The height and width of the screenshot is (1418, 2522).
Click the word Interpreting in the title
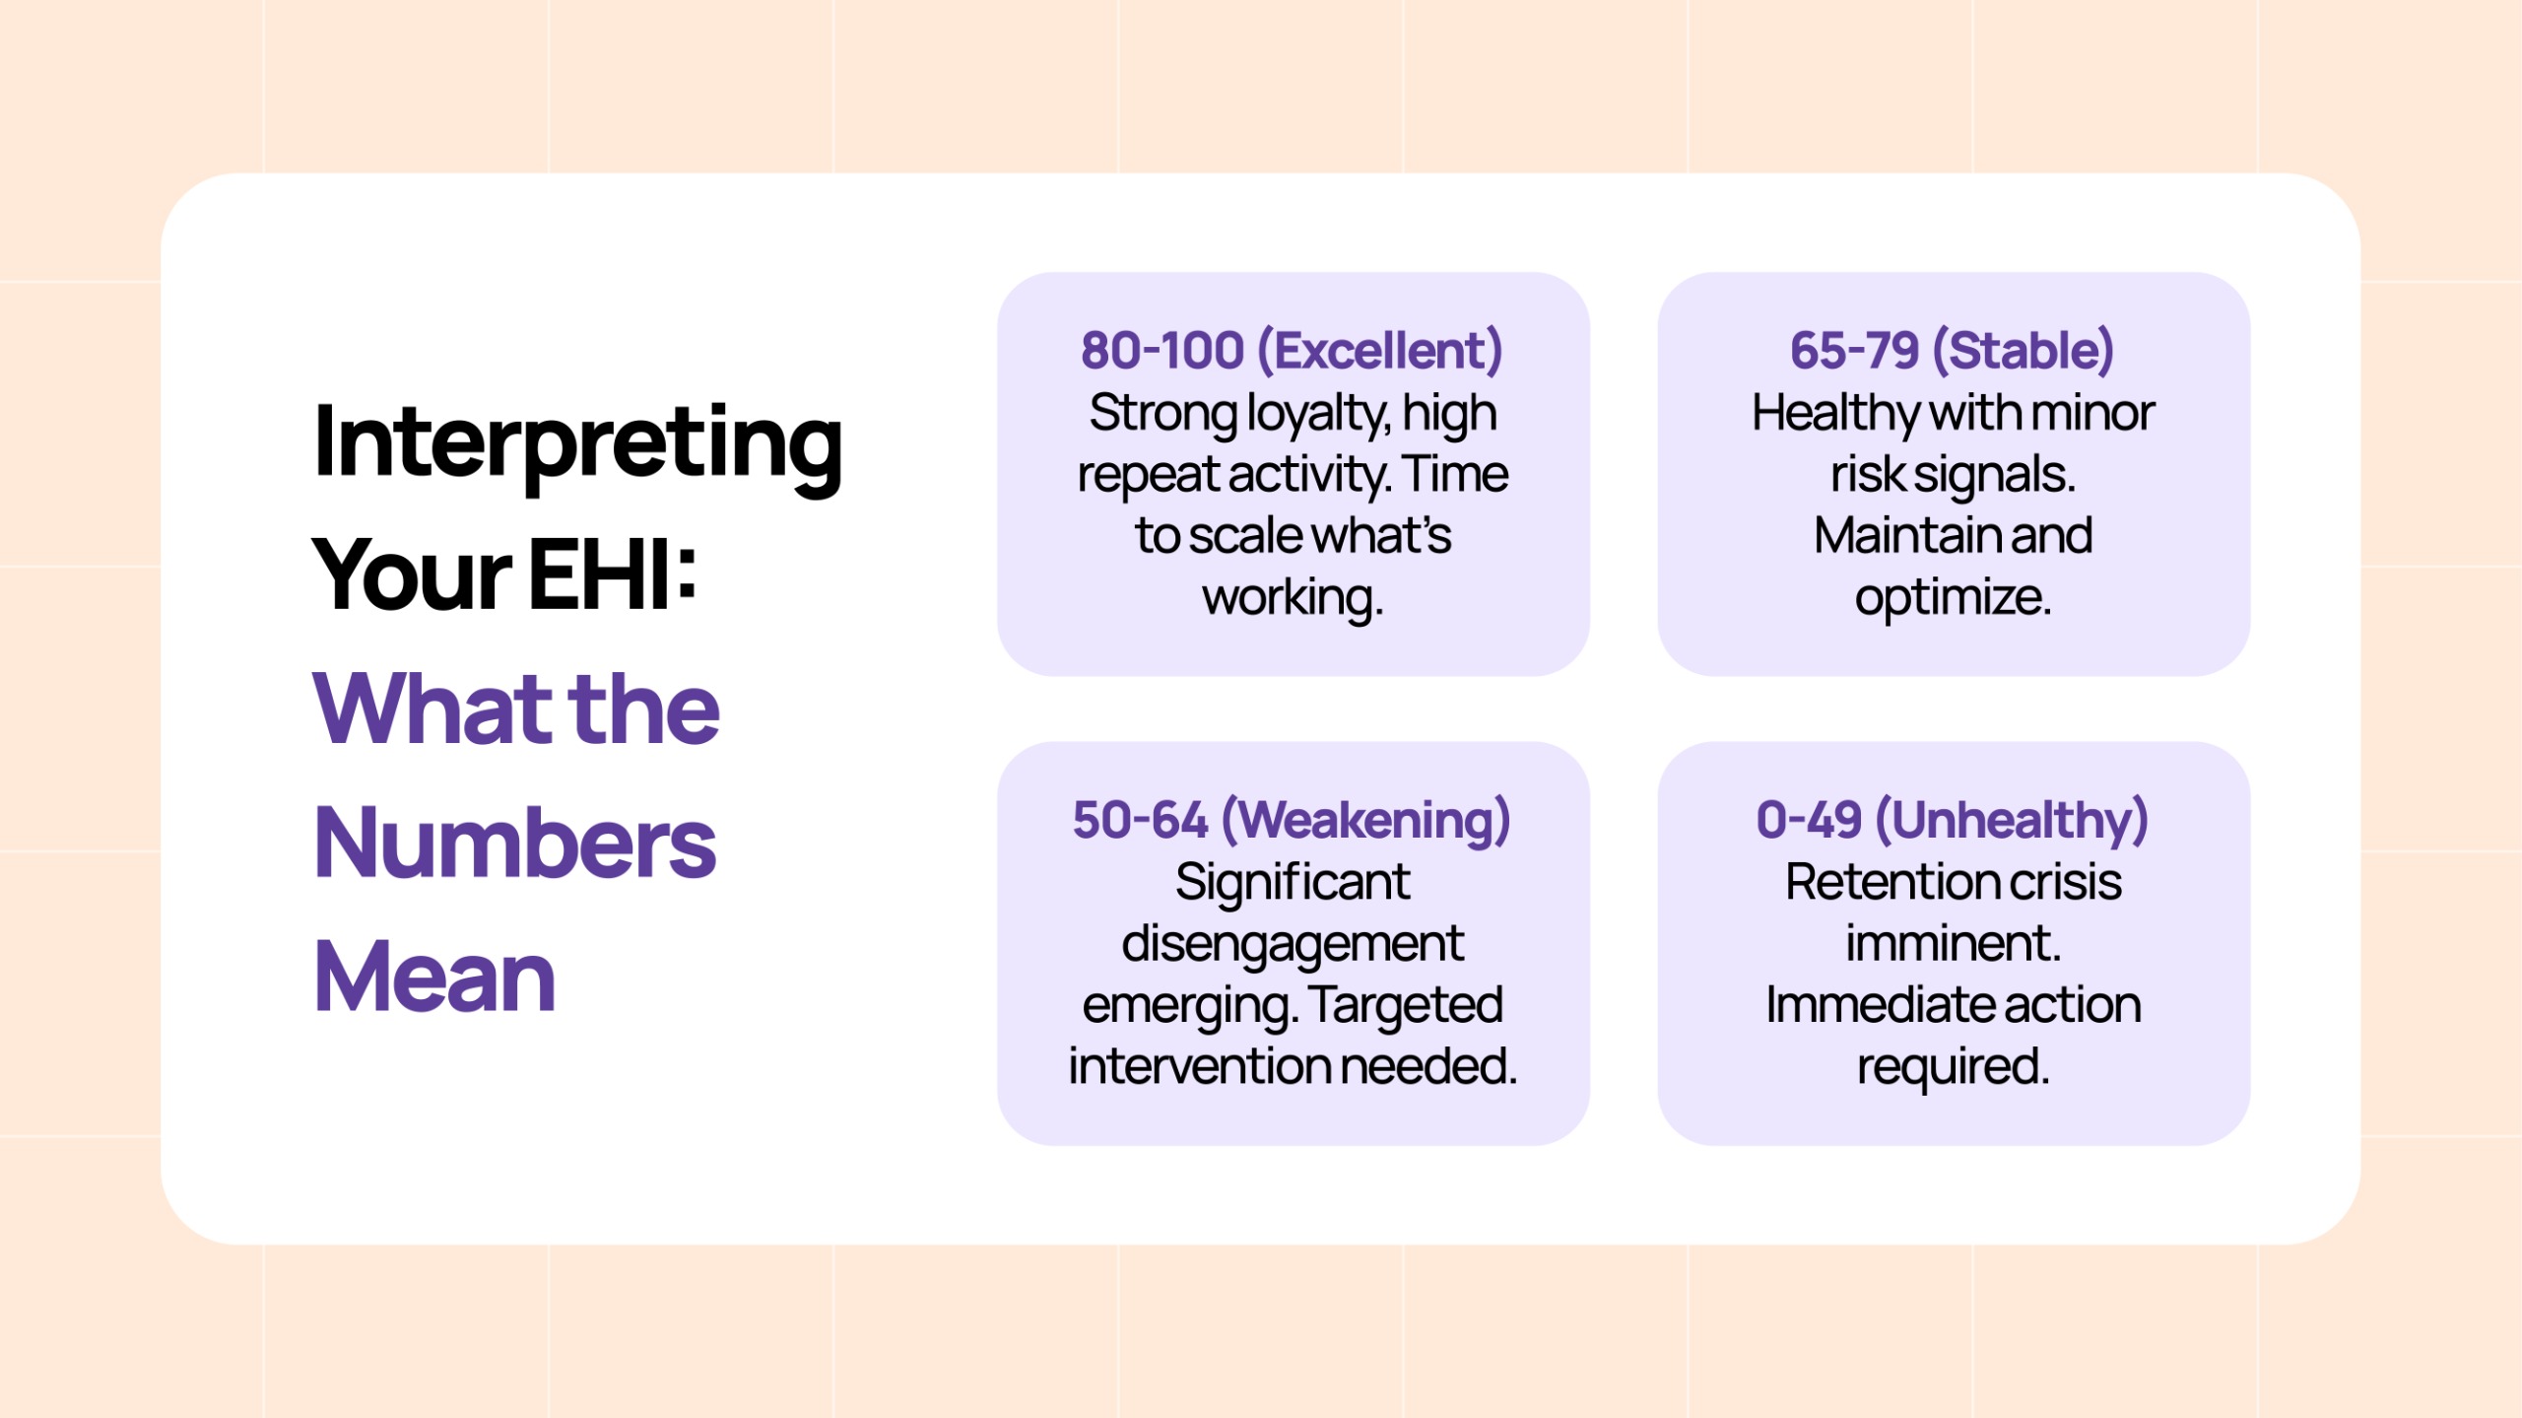point(577,445)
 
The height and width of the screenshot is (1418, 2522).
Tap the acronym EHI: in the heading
point(614,574)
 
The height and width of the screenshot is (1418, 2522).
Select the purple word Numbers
point(515,843)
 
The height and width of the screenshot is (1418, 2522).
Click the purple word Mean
point(434,977)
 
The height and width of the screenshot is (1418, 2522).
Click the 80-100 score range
point(1162,351)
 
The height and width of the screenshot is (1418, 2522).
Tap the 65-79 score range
point(1855,351)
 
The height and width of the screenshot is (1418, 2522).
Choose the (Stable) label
point(2024,352)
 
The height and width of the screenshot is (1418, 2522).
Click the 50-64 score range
point(1140,820)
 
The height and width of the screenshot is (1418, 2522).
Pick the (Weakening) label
point(1366,821)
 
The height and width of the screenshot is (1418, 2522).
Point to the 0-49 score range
point(1809,820)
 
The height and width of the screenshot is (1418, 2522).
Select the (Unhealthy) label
point(2012,821)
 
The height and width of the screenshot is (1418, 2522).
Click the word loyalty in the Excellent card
point(1318,415)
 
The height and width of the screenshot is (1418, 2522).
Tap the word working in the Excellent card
point(1294,598)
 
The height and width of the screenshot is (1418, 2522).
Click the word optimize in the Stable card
point(1954,598)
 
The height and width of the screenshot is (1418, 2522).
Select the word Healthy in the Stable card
point(1835,415)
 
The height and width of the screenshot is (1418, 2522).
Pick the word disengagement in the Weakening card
point(1293,945)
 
